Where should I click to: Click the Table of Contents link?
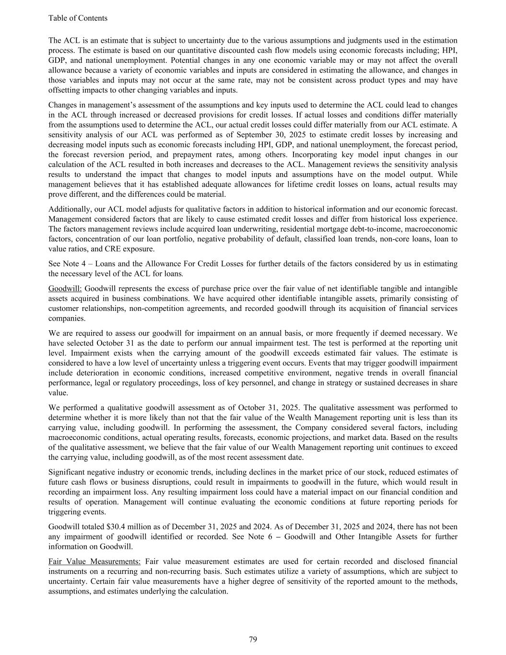pyautogui.click(x=78, y=18)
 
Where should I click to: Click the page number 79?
pyautogui.click(x=253, y=639)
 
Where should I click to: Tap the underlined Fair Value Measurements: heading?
pyautogui.click(x=94, y=561)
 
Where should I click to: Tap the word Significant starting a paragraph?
pyautogui.click(x=67, y=472)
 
